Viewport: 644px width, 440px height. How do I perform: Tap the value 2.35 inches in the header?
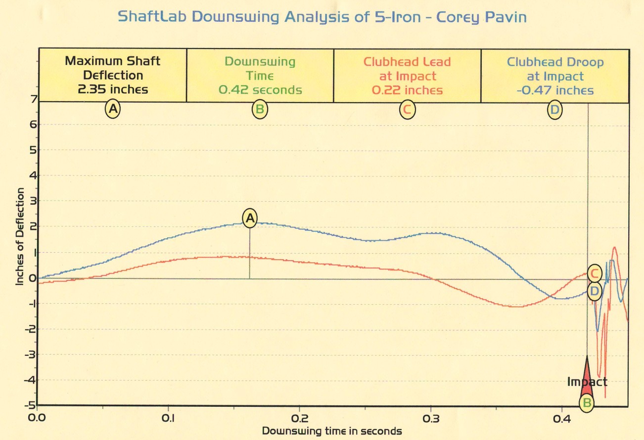(x=113, y=90)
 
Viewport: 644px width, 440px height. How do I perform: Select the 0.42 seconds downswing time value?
(x=260, y=90)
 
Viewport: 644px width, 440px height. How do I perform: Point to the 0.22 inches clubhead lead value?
(x=407, y=90)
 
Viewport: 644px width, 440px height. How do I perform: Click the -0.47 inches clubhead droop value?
(x=554, y=90)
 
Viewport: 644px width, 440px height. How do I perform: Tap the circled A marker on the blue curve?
(x=250, y=218)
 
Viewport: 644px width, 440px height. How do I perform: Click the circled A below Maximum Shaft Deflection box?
(x=113, y=110)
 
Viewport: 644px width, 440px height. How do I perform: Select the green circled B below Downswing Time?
(x=260, y=110)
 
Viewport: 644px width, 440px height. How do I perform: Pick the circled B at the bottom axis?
(x=587, y=403)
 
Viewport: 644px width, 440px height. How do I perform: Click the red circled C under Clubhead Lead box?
(x=407, y=110)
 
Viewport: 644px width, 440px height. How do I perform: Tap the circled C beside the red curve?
(x=595, y=273)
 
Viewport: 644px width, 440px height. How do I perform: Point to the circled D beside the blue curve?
(x=595, y=291)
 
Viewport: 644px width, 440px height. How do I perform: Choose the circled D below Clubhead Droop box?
(x=555, y=110)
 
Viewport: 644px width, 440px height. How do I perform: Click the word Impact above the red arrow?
(x=587, y=382)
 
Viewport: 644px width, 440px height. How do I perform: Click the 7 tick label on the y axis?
(x=33, y=99)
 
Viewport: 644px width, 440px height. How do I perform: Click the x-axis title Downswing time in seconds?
(x=332, y=431)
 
